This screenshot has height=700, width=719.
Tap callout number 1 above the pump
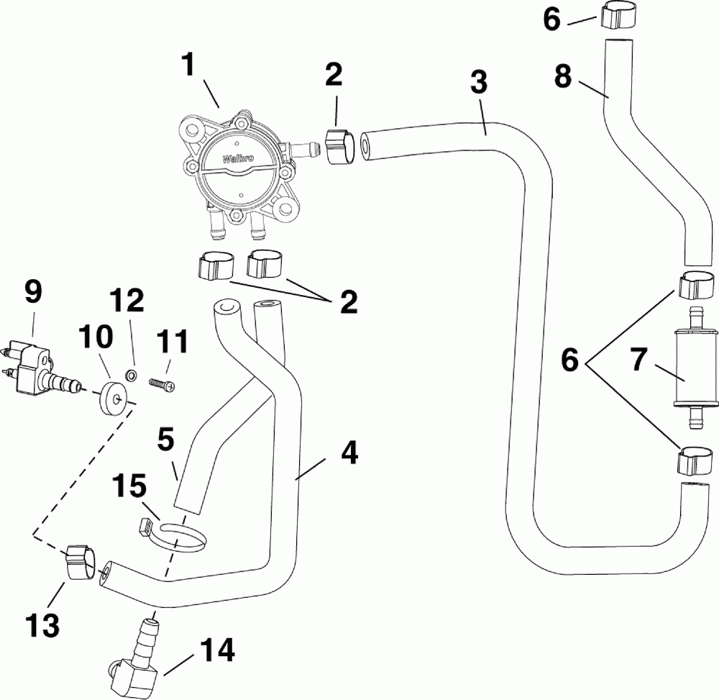coord(188,65)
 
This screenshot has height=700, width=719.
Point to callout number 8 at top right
coord(563,76)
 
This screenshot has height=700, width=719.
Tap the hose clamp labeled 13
coord(81,561)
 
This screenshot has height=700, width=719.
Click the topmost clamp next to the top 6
coord(614,16)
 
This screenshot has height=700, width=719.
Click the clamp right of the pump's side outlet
coord(341,146)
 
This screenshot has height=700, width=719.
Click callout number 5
coord(165,438)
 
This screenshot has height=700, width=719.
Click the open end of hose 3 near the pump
coord(366,147)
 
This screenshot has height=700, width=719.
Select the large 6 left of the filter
coord(570,360)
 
